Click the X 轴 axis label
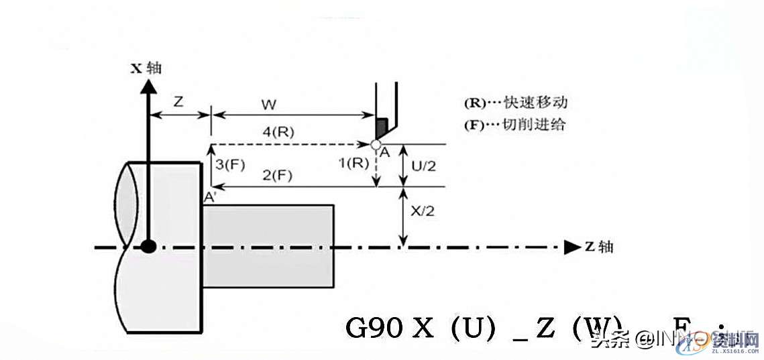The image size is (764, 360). [x=146, y=68]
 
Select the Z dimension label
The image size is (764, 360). [x=178, y=103]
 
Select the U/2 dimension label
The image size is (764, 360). [x=423, y=165]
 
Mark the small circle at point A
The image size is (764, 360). [x=376, y=144]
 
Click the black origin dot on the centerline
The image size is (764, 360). [x=149, y=247]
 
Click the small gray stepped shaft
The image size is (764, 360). [x=269, y=246]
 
